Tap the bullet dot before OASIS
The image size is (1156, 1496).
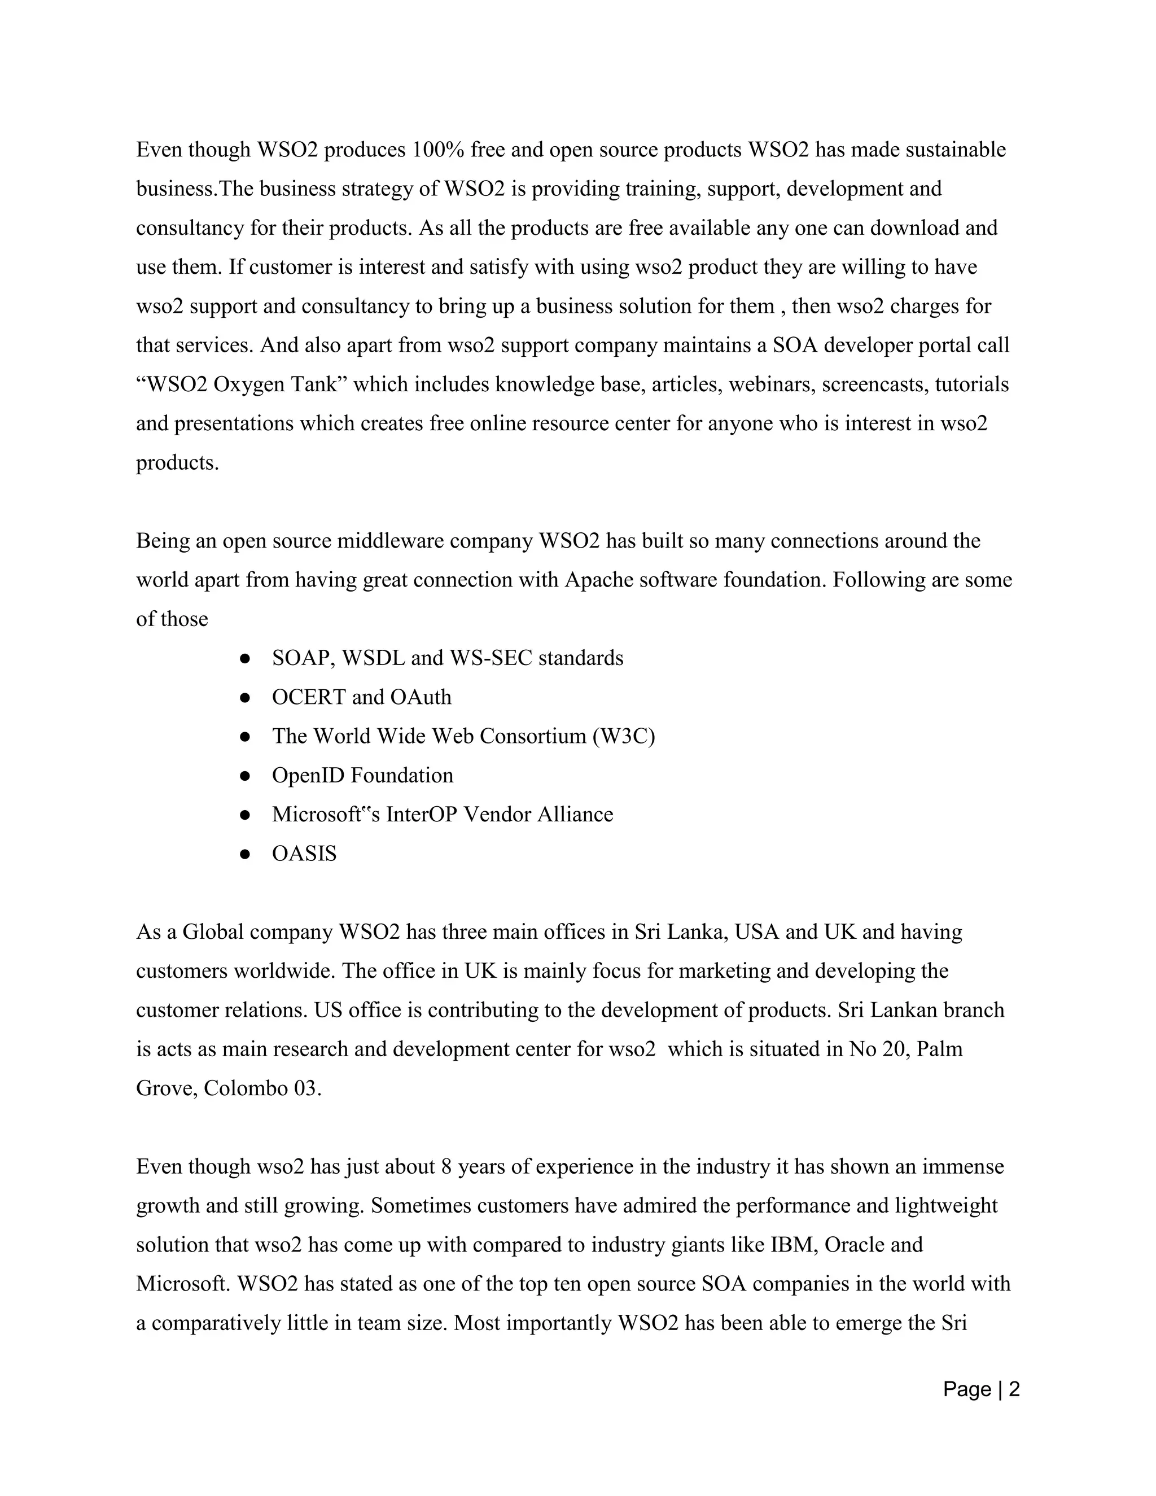click(x=244, y=854)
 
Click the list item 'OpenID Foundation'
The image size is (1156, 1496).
click(x=362, y=776)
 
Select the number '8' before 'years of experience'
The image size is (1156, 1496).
click(x=446, y=1166)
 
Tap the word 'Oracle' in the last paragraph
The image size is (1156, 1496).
click(x=854, y=1245)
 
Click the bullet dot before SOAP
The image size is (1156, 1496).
click(x=244, y=659)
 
